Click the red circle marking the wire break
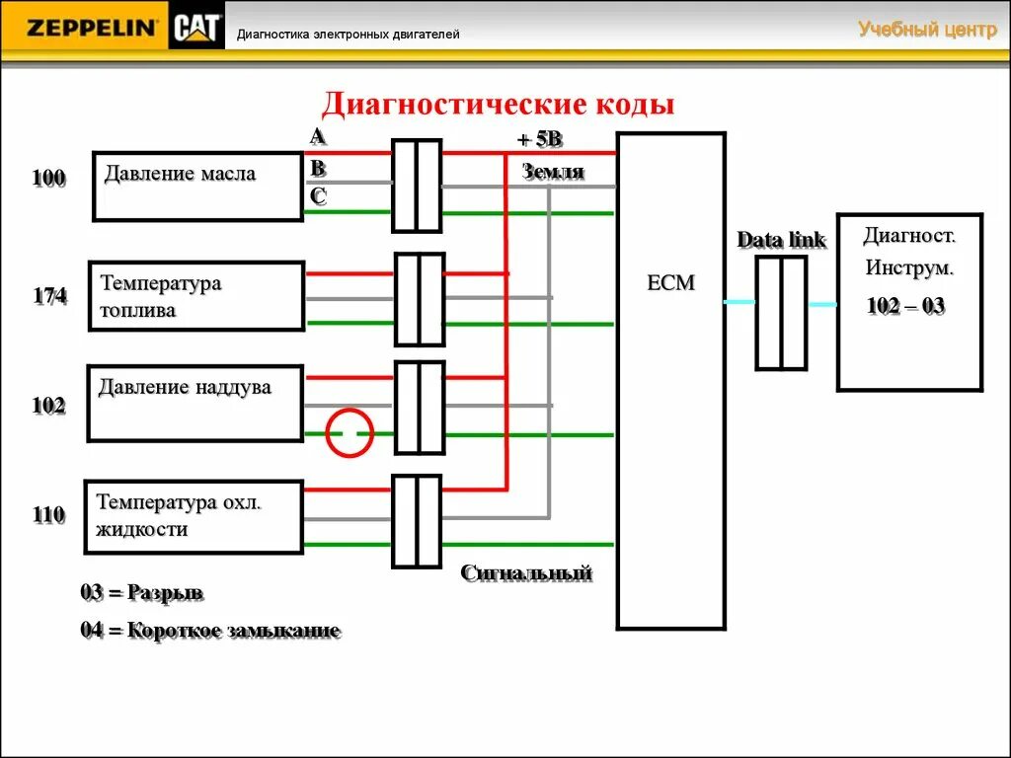point(350,433)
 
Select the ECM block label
point(671,283)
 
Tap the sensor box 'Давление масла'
point(197,186)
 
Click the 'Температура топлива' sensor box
point(196,296)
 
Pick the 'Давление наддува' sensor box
point(194,403)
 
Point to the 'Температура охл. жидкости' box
point(194,516)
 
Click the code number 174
point(49,295)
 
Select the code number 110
point(48,514)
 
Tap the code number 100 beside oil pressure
point(48,178)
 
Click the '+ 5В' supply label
point(539,140)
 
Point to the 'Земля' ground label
point(553,172)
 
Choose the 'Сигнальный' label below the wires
point(526,572)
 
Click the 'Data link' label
point(781,240)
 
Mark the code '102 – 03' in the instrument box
point(905,306)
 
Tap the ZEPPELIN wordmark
point(92,29)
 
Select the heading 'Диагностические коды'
point(499,105)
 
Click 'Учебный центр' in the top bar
point(927,30)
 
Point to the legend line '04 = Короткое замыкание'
point(210,631)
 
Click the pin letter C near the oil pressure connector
point(318,195)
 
